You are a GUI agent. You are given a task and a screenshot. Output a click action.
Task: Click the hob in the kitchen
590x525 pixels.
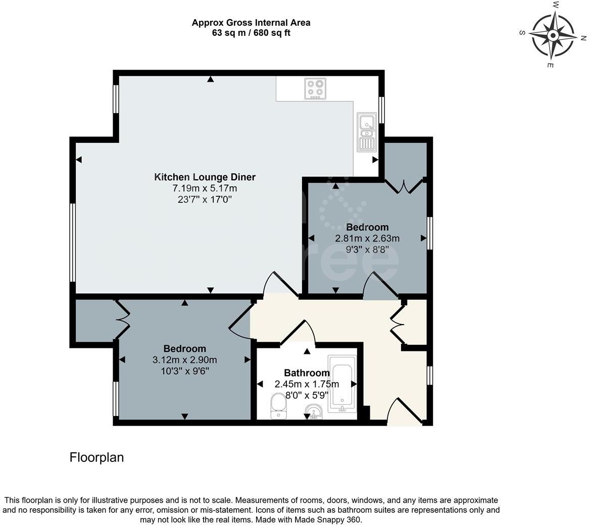click(315, 89)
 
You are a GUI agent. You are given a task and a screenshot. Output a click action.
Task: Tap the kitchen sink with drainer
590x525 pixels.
click(367, 132)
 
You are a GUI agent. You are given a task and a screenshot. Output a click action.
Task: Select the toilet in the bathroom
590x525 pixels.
click(279, 406)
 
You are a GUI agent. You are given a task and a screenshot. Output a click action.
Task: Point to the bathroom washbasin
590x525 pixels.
click(313, 412)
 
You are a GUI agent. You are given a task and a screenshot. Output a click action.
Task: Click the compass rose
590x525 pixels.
click(553, 36)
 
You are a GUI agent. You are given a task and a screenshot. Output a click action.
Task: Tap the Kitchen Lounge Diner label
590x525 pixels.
click(205, 177)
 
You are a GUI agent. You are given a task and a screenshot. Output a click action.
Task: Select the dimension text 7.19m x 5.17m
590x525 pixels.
click(205, 188)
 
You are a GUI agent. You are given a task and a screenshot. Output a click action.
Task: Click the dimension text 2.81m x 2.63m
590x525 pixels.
click(367, 238)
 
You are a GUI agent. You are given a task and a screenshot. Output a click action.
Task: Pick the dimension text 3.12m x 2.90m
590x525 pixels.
click(185, 360)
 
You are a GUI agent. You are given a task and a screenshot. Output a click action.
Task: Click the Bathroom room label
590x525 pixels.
click(307, 373)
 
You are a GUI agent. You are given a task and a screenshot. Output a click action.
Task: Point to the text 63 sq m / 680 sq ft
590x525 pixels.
click(251, 33)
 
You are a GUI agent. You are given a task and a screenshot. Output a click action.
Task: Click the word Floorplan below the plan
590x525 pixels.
click(96, 457)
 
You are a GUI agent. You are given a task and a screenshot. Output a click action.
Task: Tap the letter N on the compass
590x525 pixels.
click(583, 38)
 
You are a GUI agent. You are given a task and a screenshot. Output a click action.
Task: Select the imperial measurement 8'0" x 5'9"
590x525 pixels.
click(307, 395)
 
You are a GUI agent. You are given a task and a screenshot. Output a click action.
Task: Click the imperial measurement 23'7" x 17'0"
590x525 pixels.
click(205, 199)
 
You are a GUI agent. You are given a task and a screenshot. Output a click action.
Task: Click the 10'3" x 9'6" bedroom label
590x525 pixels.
click(185, 371)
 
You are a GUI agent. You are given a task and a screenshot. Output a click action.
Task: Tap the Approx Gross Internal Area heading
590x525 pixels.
click(251, 23)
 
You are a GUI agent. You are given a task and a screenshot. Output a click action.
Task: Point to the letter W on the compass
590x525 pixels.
click(555, 5)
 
